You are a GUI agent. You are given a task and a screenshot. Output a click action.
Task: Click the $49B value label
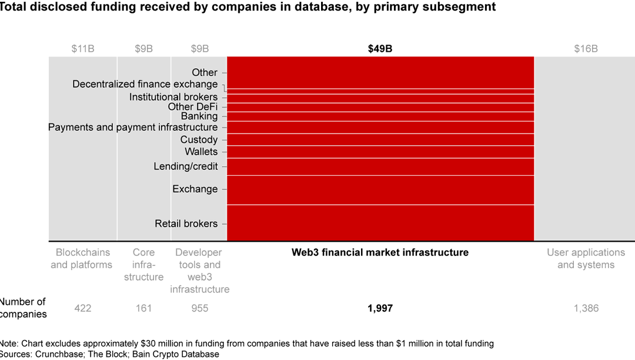pyautogui.click(x=380, y=49)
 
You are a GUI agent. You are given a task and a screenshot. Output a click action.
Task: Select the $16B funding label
pyautogui.click(x=586, y=49)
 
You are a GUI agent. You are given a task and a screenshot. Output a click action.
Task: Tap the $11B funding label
pyautogui.click(x=82, y=49)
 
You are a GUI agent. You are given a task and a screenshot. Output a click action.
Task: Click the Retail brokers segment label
pyautogui.click(x=186, y=224)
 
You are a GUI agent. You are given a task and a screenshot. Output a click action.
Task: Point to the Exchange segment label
pyautogui.click(x=195, y=189)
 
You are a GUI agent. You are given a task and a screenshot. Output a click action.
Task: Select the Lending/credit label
pyautogui.click(x=185, y=166)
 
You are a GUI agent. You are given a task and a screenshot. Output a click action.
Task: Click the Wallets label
pyautogui.click(x=200, y=152)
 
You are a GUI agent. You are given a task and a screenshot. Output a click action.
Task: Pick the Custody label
pyautogui.click(x=199, y=139)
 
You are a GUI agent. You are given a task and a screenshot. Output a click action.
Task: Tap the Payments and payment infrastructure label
pyautogui.click(x=132, y=127)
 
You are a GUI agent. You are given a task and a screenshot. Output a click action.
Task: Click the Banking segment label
pyautogui.click(x=199, y=116)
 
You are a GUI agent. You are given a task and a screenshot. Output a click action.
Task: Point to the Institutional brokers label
pyautogui.click(x=173, y=96)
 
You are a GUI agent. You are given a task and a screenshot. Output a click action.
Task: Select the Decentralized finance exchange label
pyautogui.click(x=145, y=84)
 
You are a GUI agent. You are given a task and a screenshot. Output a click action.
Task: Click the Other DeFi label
pyautogui.click(x=192, y=106)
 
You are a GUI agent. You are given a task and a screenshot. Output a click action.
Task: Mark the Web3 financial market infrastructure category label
pyautogui.click(x=380, y=252)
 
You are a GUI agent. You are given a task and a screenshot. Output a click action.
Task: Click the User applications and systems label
pyautogui.click(x=586, y=258)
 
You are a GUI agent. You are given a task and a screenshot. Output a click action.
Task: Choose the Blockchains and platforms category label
pyautogui.click(x=82, y=258)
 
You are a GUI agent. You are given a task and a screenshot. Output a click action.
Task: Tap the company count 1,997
pyautogui.click(x=380, y=308)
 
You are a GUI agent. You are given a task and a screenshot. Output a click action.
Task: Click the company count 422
pyautogui.click(x=82, y=308)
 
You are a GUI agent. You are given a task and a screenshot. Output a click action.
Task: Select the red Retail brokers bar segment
pyautogui.click(x=380, y=223)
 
